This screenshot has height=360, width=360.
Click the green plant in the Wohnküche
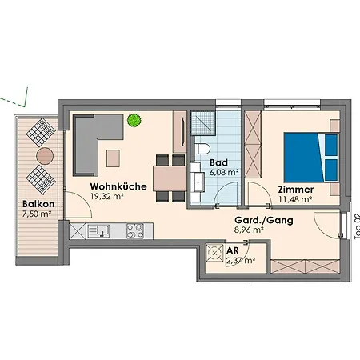(x=134, y=120)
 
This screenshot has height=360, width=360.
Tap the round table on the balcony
(x=45, y=156)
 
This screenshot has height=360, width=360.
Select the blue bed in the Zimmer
(x=311, y=157)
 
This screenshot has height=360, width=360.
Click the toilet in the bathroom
(x=203, y=149)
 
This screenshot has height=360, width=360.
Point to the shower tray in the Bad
(x=203, y=123)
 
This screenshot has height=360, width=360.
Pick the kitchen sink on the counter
(x=98, y=231)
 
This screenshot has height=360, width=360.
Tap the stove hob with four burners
(x=135, y=231)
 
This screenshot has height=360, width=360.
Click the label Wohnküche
(x=118, y=186)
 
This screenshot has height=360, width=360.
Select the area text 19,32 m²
(x=107, y=197)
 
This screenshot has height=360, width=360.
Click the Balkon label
(x=38, y=204)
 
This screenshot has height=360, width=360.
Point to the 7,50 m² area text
(x=37, y=214)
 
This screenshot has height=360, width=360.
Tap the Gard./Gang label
(x=264, y=220)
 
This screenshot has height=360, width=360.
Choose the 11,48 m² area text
(x=295, y=199)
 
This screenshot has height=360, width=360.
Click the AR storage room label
(x=233, y=250)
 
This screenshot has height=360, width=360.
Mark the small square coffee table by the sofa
(x=113, y=158)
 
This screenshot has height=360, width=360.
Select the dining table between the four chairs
(x=170, y=178)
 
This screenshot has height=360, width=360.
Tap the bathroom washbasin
(x=198, y=182)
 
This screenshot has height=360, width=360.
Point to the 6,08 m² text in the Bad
(x=224, y=172)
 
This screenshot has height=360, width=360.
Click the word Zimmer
(x=296, y=190)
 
